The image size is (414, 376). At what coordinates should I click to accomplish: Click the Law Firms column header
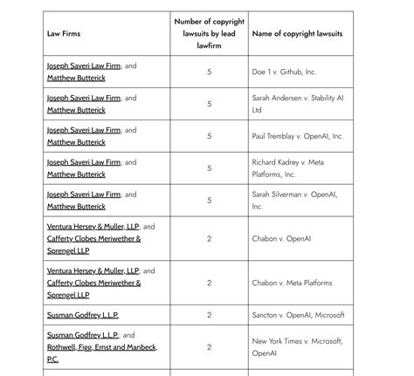pos(64,33)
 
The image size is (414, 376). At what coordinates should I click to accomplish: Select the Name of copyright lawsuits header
pos(297,33)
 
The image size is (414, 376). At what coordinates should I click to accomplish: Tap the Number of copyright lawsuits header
pos(209,33)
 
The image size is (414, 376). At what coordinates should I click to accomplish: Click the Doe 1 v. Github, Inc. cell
pos(284,72)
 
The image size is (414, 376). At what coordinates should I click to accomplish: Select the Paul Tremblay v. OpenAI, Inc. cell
pos(298,136)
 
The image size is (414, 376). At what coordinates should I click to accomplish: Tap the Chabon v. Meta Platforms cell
pos(292,283)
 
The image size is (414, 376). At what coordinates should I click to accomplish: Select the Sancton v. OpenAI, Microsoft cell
pos(298,315)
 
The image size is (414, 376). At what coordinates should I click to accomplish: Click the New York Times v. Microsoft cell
pos(297,347)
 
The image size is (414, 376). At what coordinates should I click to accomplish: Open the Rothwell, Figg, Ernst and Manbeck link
pos(102,347)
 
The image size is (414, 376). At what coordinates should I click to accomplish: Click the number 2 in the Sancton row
pos(210,315)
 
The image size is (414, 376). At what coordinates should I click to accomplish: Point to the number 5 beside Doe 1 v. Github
pos(210,72)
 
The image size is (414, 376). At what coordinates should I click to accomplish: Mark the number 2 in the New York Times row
pos(210,347)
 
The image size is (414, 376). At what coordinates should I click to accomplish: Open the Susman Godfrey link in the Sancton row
pos(82,315)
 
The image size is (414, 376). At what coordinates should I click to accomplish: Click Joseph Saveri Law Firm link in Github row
pos(84,65)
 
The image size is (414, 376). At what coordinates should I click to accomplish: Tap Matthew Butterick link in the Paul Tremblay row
pos(76,142)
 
